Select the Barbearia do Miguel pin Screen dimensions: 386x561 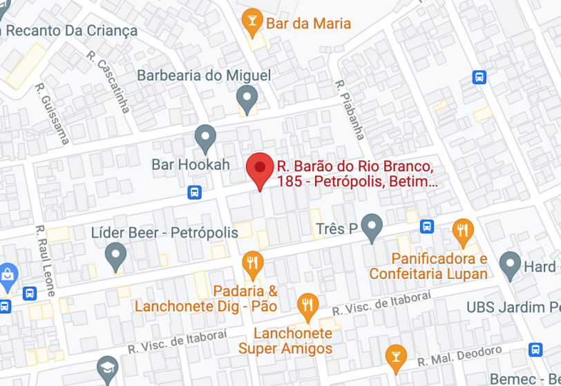(x=247, y=99)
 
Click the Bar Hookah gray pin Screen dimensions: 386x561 (x=205, y=138)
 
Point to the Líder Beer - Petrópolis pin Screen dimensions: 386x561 (x=115, y=257)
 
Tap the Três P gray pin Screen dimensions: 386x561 (x=372, y=227)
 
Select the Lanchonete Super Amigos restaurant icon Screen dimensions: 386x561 (x=307, y=305)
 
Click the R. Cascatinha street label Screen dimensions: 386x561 (x=109, y=81)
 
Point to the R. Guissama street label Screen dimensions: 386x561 (x=53, y=114)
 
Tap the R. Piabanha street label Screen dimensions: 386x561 (x=350, y=109)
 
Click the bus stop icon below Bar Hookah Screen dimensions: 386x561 (x=195, y=192)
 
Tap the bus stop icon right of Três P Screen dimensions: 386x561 (x=427, y=226)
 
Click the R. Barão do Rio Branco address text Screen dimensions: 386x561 (x=356, y=174)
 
